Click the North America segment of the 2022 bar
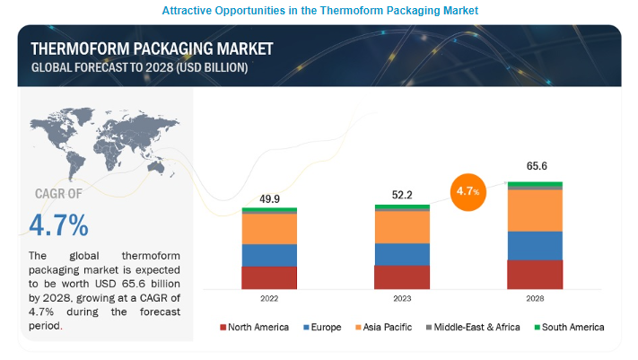[x=269, y=278]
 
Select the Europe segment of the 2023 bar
[x=402, y=254]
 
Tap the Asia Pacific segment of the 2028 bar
[x=535, y=210]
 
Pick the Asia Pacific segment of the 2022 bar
[x=269, y=229]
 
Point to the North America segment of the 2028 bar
[x=535, y=275]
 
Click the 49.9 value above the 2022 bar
[x=269, y=198]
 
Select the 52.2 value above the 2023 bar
[x=402, y=194]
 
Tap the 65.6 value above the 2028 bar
[x=535, y=167]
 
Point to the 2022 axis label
[x=269, y=300]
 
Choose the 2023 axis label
[x=402, y=300]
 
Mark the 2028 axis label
[x=535, y=300]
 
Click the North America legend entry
[x=254, y=328]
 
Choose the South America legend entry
[x=568, y=328]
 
